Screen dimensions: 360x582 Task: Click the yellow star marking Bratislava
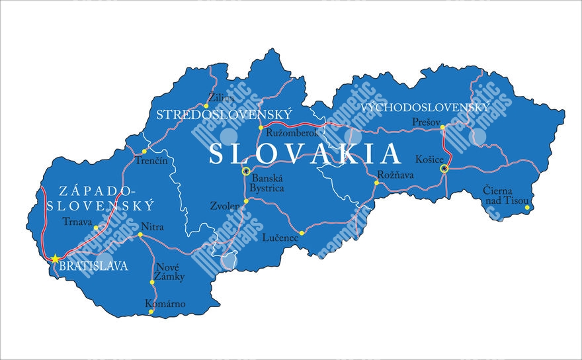[56, 258]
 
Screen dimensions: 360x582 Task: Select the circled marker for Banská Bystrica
[246, 171]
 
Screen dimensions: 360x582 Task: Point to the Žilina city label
[221, 98]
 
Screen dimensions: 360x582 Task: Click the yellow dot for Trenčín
[144, 152]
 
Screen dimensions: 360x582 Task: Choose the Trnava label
[77, 221]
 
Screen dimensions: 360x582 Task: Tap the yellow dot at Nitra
[140, 234]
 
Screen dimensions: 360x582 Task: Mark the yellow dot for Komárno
[151, 311]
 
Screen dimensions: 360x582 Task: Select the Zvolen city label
[225, 206]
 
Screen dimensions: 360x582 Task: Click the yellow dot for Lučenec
[302, 233]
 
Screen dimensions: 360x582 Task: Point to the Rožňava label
[395, 175]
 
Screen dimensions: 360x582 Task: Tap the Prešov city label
[425, 122]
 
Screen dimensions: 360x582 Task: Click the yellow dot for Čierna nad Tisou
[527, 208]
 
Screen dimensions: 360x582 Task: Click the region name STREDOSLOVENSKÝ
[224, 114]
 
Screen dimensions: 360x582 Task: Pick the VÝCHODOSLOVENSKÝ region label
[426, 107]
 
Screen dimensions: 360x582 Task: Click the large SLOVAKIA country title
[305, 154]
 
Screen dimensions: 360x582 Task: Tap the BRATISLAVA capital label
[93, 267]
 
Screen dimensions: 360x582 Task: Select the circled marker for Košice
[444, 169]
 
